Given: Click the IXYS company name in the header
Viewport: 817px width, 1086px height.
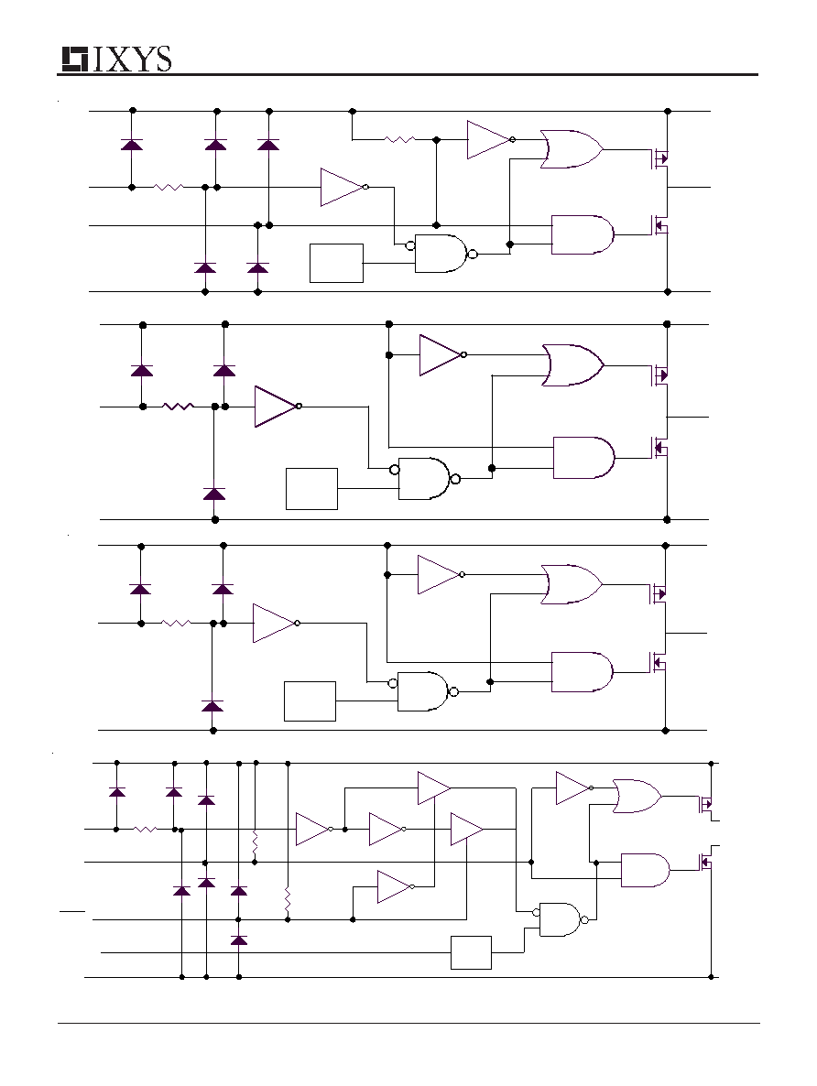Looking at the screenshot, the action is click(131, 60).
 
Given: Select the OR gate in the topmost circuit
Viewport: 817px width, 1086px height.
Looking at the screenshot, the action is click(571, 149).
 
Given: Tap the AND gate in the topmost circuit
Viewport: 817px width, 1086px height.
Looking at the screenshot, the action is click(583, 234).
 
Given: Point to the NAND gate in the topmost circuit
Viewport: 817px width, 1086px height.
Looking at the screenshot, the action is click(443, 254).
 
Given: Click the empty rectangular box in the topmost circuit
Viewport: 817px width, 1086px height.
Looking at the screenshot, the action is click(336, 263).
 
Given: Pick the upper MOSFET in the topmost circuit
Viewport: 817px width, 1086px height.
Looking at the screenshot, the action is click(659, 158).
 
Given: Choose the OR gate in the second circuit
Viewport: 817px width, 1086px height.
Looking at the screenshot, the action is click(572, 365).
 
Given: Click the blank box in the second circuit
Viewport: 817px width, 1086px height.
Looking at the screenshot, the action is click(311, 489).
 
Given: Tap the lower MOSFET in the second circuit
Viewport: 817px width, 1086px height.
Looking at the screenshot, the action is click(659, 448).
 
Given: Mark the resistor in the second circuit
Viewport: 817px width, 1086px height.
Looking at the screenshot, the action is click(178, 407).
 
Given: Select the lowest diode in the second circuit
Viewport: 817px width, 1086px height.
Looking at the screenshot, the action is click(214, 494).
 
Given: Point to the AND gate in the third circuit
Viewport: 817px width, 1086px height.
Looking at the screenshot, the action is click(583, 672).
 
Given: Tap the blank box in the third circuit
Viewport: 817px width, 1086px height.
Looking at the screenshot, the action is click(310, 701).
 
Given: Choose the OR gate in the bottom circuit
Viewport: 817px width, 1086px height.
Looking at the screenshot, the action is click(637, 796).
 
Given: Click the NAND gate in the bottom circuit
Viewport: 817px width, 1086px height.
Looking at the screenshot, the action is click(561, 919).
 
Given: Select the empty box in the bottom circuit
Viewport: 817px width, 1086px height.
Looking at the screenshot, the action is click(471, 953).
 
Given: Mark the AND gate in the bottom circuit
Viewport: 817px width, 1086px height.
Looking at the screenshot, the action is click(646, 871).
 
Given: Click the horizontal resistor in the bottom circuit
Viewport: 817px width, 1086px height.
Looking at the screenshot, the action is click(145, 829).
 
